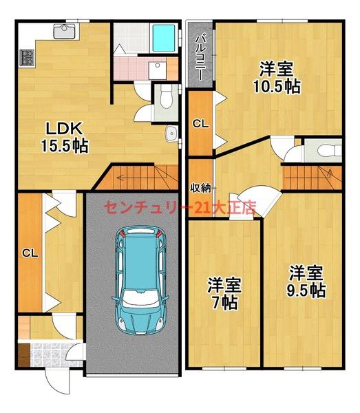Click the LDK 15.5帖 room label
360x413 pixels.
tap(65, 136)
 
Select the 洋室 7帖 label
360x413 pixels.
tap(224, 293)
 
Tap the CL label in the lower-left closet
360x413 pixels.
tap(30, 253)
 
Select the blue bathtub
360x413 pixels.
tap(164, 40)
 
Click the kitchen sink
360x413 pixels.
tap(65, 31)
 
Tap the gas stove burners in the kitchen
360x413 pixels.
tap(26, 59)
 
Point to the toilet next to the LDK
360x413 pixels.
tap(164, 100)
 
